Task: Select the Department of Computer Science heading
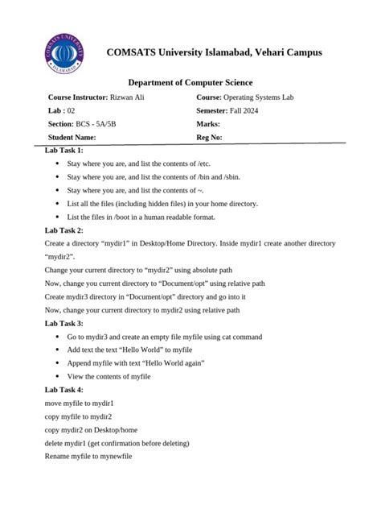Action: [190, 83]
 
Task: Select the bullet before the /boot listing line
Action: [57, 217]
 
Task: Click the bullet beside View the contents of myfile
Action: [57, 376]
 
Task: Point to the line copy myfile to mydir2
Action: [78, 416]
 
